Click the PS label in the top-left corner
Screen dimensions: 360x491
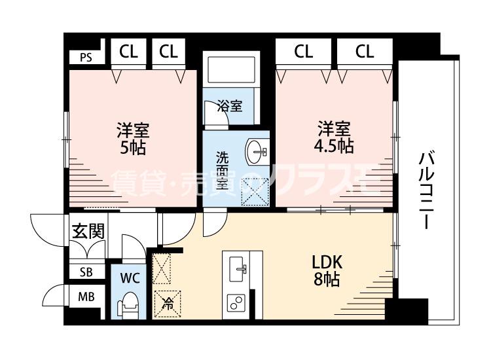[x=86, y=57]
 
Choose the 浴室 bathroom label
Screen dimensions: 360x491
[x=230, y=106]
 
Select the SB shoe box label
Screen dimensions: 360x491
[x=86, y=272]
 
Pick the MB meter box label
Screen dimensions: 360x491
[x=86, y=297]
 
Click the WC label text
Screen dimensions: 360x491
[x=130, y=277]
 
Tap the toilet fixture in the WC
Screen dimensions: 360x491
[x=129, y=305]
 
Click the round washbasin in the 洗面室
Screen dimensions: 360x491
[x=257, y=153]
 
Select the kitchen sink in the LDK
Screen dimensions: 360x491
[x=238, y=268]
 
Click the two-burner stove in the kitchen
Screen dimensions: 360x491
[x=235, y=302]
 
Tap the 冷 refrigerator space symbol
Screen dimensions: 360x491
[x=166, y=303]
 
